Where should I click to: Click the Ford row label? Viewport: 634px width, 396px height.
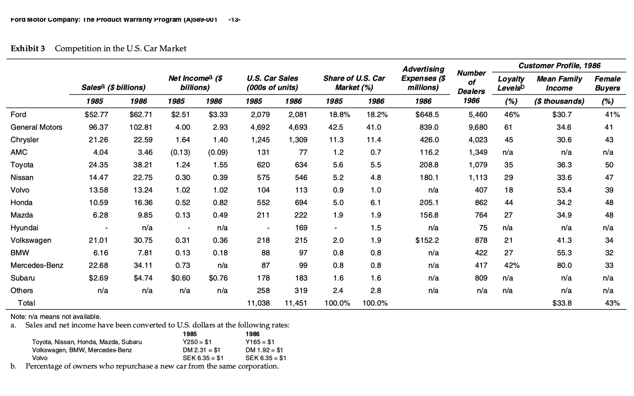tap(18, 115)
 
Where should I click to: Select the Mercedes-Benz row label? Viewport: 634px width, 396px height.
tap(36, 265)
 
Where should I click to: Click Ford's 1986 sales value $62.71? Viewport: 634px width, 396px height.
tap(129, 115)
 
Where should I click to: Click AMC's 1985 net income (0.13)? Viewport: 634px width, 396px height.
tap(177, 152)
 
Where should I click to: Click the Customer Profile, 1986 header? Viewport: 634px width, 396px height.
tap(559, 66)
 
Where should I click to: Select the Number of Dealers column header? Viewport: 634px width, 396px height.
tap(471, 87)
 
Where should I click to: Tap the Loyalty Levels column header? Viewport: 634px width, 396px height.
tap(511, 83)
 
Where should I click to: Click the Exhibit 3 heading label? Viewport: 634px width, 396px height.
tap(28, 49)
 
